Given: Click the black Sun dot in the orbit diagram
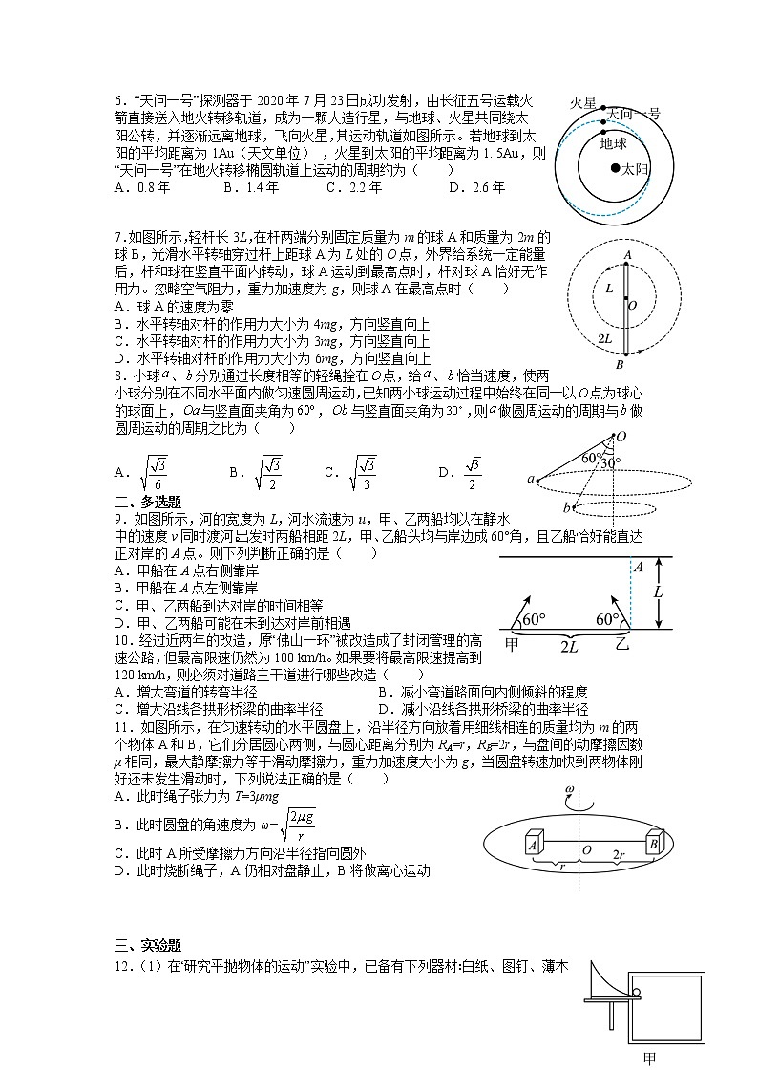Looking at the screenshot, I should tap(615, 168).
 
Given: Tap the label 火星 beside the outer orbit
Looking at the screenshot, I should tap(583, 102).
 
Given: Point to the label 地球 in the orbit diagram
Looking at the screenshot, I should tap(613, 143).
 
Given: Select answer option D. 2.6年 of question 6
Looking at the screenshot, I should tap(476, 187).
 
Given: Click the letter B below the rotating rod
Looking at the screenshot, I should tap(619, 365).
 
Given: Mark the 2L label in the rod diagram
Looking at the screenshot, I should tap(604, 338).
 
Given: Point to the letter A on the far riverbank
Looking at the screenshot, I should tap(639, 567).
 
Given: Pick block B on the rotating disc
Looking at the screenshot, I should tap(655, 844).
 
